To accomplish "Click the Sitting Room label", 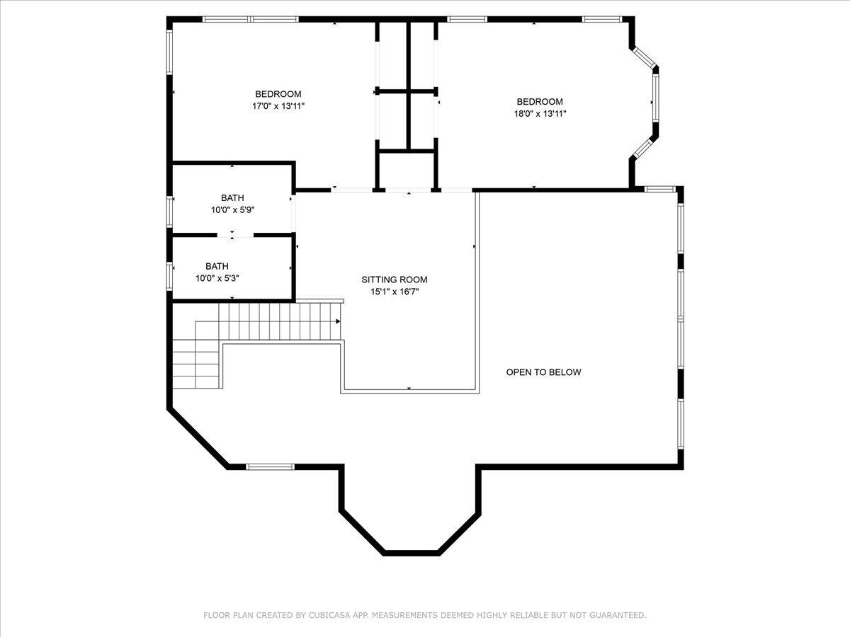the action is pyautogui.click(x=395, y=280).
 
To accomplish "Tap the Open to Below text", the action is pyautogui.click(x=544, y=372).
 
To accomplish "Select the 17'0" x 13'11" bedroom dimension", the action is pyautogui.click(x=278, y=106).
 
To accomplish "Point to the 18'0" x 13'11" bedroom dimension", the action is pyautogui.click(x=540, y=114).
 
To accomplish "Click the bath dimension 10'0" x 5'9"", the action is pyautogui.click(x=232, y=210).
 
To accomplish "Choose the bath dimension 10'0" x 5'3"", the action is pyautogui.click(x=217, y=278).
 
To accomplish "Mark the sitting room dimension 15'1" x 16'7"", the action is pyautogui.click(x=395, y=292).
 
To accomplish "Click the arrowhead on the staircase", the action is pyautogui.click(x=338, y=321).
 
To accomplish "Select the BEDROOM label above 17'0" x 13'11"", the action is pyautogui.click(x=278, y=94).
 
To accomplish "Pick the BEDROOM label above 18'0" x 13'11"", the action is pyautogui.click(x=540, y=102).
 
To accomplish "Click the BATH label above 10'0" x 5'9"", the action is pyautogui.click(x=232, y=198).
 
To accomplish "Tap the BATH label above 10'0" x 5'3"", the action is pyautogui.click(x=217, y=266).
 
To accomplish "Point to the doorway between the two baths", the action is pyautogui.click(x=235, y=235).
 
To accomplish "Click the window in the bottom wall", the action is pyautogui.click(x=270, y=467).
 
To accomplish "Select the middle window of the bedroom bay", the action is pyautogui.click(x=655, y=98).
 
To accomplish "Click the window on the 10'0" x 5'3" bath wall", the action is pyautogui.click(x=169, y=276).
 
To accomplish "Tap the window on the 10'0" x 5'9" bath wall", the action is pyautogui.click(x=169, y=212).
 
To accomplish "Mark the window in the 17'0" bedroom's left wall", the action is pyautogui.click(x=169, y=52).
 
